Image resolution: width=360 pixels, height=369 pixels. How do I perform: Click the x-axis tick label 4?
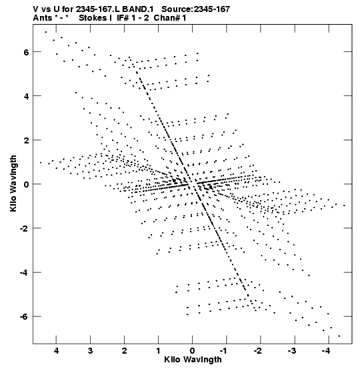(56, 351)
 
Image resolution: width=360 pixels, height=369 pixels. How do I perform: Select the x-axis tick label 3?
(90, 351)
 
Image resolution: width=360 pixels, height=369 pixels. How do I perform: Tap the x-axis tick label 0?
(193, 351)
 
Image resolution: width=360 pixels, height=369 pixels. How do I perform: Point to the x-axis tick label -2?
(258, 351)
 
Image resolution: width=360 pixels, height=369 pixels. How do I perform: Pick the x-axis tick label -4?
(326, 351)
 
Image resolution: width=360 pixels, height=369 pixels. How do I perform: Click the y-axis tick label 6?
(26, 52)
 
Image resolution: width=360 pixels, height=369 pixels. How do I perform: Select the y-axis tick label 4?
(26, 96)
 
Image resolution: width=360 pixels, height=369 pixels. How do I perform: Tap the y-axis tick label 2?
(26, 140)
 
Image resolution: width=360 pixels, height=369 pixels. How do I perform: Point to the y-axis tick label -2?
(24, 228)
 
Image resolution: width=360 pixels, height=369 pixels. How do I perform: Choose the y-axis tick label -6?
(24, 317)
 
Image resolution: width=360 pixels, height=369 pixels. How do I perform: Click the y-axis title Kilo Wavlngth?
(13, 183)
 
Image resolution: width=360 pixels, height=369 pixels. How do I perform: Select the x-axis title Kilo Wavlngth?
(193, 360)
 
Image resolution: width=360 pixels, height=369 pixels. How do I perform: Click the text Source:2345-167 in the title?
(195, 9)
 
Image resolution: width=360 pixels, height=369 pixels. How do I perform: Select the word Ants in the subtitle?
(43, 18)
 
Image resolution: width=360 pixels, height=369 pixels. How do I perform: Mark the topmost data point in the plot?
(46, 32)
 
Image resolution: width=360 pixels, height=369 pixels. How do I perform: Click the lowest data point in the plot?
(339, 336)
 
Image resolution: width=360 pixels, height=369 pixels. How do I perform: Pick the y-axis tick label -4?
(24, 273)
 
